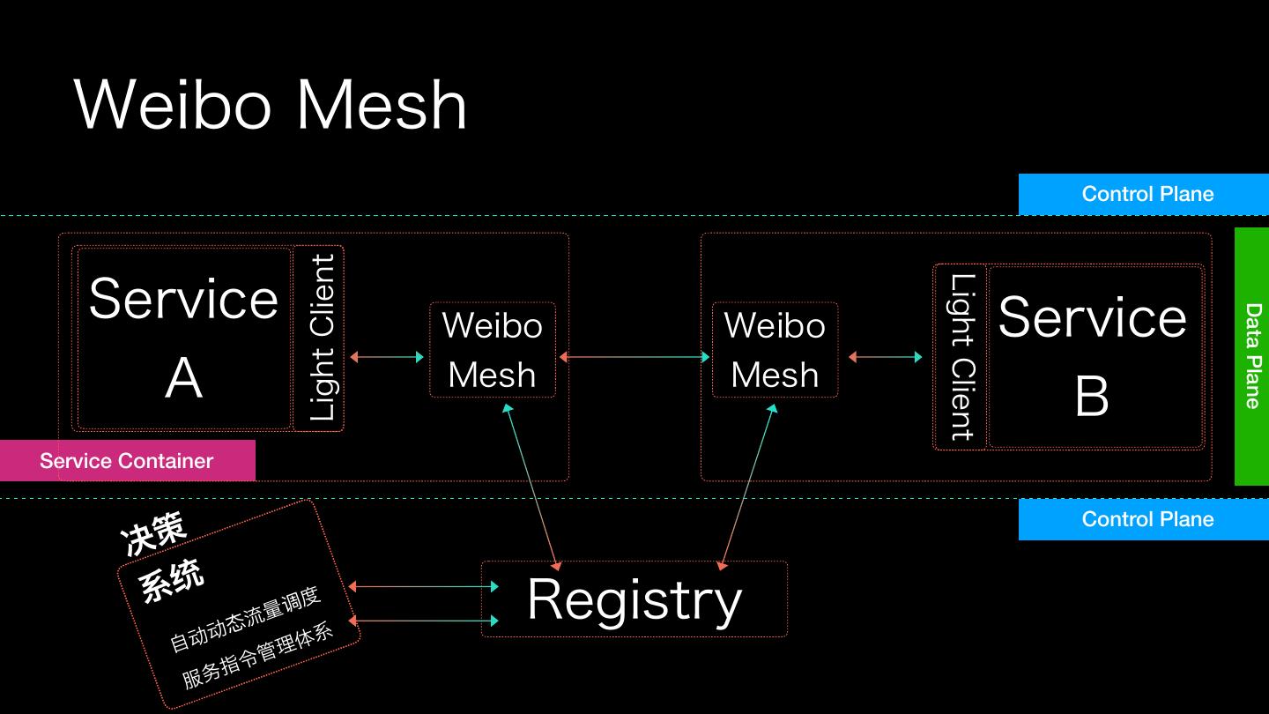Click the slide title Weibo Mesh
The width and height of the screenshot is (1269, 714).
pyautogui.click(x=271, y=105)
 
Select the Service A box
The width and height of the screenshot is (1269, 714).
pyautogui.click(x=183, y=338)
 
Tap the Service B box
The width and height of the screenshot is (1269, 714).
pyautogui.click(x=1093, y=357)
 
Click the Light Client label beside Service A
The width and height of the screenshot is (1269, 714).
pyautogui.click(x=321, y=338)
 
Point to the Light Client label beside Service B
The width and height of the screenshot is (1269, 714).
pyautogui.click(x=961, y=357)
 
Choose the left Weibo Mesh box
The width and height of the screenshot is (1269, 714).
pyautogui.click(x=493, y=350)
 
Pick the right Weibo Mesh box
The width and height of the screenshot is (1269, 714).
pyautogui.click(x=775, y=350)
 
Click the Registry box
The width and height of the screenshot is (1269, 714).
pyautogui.click(x=634, y=599)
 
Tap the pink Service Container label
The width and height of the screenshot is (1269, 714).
pyautogui.click(x=127, y=461)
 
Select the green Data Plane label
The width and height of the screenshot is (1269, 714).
pyautogui.click(x=1252, y=356)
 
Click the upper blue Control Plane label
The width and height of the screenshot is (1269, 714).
pyautogui.click(x=1147, y=194)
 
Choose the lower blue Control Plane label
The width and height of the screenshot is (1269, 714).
pyautogui.click(x=1147, y=519)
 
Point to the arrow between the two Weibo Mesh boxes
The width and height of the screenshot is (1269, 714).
pyautogui.click(x=634, y=357)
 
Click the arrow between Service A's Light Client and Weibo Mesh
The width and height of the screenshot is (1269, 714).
pyautogui.click(x=387, y=357)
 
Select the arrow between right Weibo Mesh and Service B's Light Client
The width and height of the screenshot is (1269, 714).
pyautogui.click(x=885, y=357)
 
